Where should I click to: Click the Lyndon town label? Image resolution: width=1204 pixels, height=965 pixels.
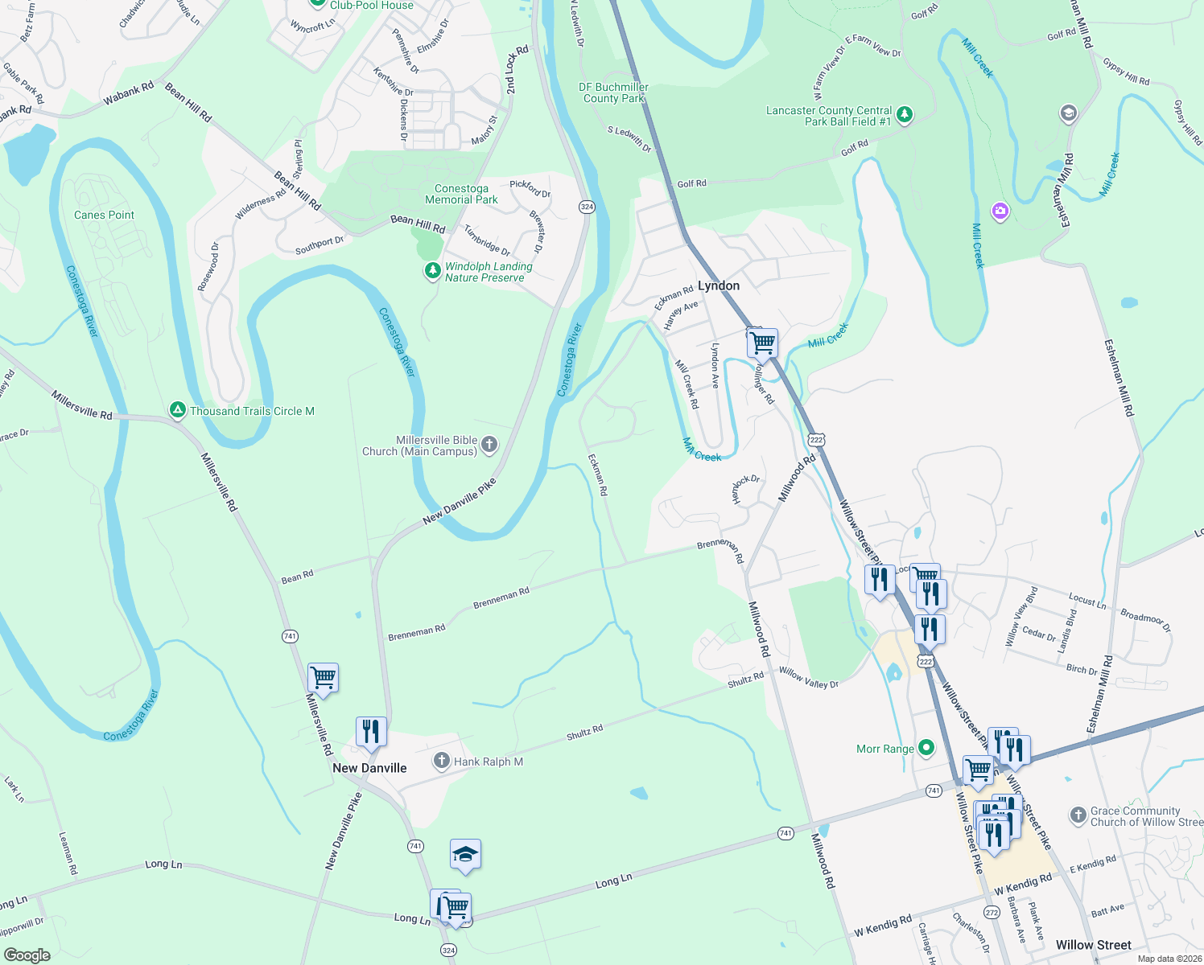[718, 285]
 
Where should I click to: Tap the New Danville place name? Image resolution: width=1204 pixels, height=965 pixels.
[369, 768]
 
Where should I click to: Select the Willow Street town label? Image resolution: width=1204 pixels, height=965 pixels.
[1093, 945]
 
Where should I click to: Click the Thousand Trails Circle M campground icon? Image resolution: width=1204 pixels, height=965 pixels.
[177, 410]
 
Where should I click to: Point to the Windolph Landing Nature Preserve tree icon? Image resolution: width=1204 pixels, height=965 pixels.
[432, 272]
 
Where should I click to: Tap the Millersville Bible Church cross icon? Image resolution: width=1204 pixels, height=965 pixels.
[489, 445]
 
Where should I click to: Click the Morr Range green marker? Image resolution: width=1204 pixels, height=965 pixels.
[926, 748]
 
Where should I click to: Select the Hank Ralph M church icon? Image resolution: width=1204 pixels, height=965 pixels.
[441, 760]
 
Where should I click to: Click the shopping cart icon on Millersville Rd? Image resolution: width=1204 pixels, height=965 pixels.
[323, 677]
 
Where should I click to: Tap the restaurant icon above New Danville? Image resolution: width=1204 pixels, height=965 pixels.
[371, 731]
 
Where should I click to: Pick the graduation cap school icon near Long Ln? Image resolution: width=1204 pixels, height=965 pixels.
[465, 854]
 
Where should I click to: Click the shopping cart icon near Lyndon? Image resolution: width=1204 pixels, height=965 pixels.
[761, 343]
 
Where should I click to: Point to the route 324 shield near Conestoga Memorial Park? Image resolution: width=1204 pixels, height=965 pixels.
[586, 207]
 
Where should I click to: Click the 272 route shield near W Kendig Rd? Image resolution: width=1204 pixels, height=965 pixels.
[992, 912]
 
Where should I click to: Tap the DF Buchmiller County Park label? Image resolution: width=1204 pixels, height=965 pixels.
[613, 92]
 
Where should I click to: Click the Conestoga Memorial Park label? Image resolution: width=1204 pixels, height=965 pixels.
[461, 194]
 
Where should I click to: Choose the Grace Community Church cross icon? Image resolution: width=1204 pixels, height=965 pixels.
[1078, 815]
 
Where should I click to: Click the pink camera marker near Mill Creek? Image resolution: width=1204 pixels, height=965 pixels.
[1000, 211]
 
